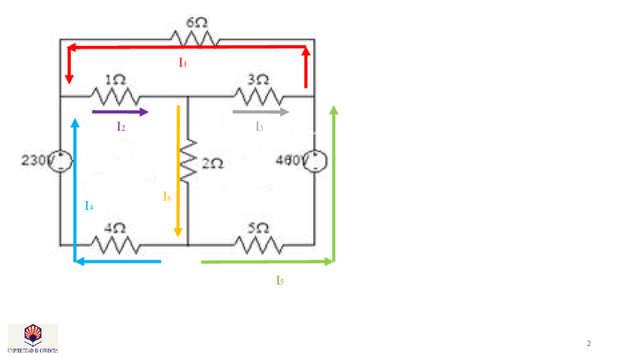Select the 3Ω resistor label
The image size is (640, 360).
pyautogui.click(x=258, y=79)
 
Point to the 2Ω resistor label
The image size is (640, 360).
pyautogui.click(x=212, y=163)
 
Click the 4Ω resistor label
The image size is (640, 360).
pyautogui.click(x=115, y=226)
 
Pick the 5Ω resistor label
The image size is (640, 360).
pyautogui.click(x=258, y=226)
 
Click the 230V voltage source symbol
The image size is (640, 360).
pyautogui.click(x=60, y=161)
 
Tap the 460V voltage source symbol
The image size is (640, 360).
pyautogui.click(x=314, y=161)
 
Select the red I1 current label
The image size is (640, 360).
pyautogui.click(x=183, y=63)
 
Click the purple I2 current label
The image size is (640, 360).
pyautogui.click(x=121, y=127)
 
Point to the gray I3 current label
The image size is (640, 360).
pyautogui.click(x=259, y=127)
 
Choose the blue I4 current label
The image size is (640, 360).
pyautogui.click(x=89, y=205)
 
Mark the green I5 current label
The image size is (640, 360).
pyautogui.click(x=280, y=281)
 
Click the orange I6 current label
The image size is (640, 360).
pyautogui.click(x=167, y=196)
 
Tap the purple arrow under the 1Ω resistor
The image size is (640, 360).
pyautogui.click(x=121, y=112)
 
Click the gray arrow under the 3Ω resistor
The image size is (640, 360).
pyautogui.click(x=261, y=112)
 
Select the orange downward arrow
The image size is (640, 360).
pyautogui.click(x=178, y=171)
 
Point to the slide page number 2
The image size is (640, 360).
pyautogui.click(x=589, y=344)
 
